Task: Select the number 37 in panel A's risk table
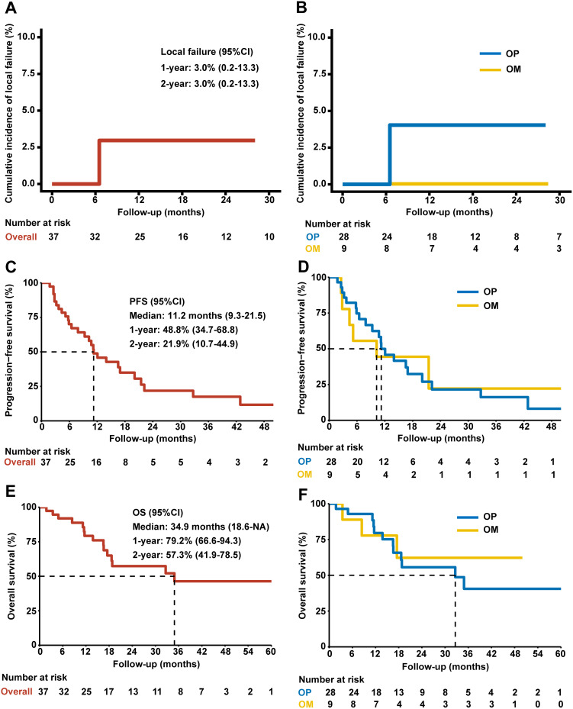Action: pyautogui.click(x=52, y=236)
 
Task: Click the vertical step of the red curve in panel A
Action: pyautogui.click(x=100, y=162)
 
